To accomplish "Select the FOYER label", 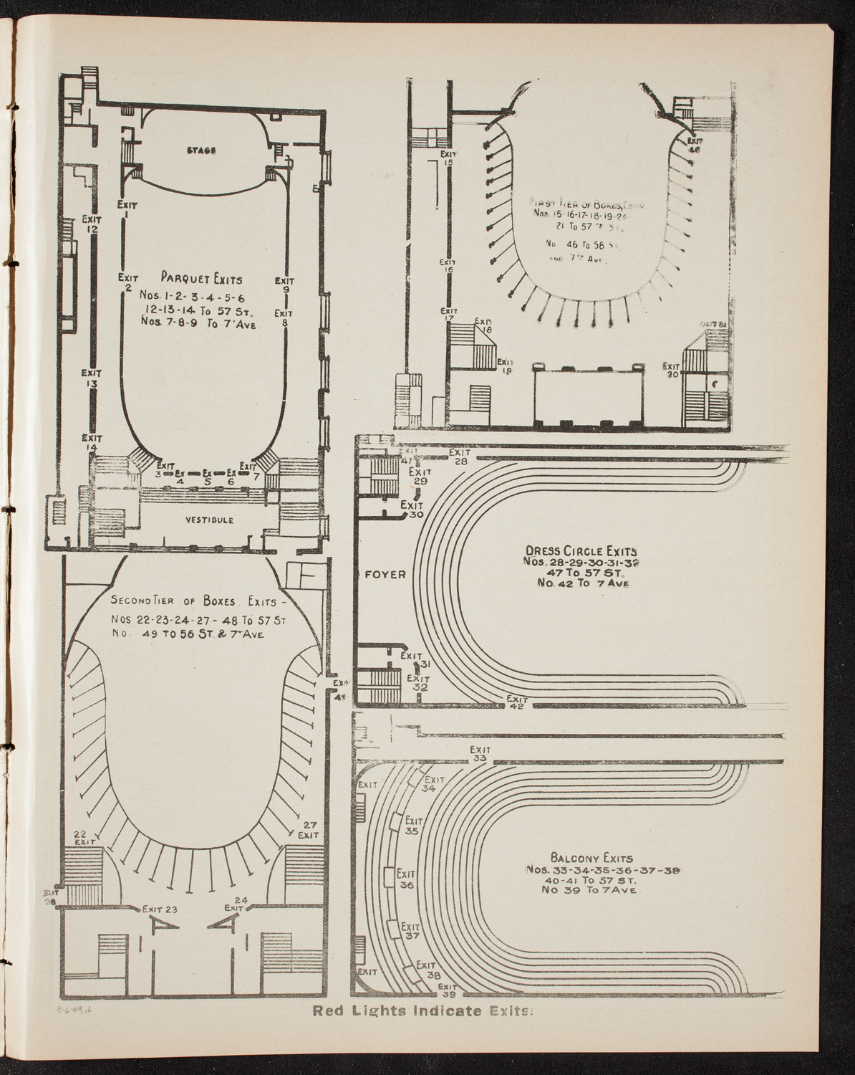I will pos(386,574).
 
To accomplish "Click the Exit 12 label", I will pos(90,224).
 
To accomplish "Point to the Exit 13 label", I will pos(90,378).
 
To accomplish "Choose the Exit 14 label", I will pos(90,442).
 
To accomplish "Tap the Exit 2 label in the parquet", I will pos(127,282).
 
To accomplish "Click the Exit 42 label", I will pos(516,703).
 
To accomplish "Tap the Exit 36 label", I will pos(407,879).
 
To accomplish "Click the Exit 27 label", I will pos(309,829).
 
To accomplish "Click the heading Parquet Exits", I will pos(201,279).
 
